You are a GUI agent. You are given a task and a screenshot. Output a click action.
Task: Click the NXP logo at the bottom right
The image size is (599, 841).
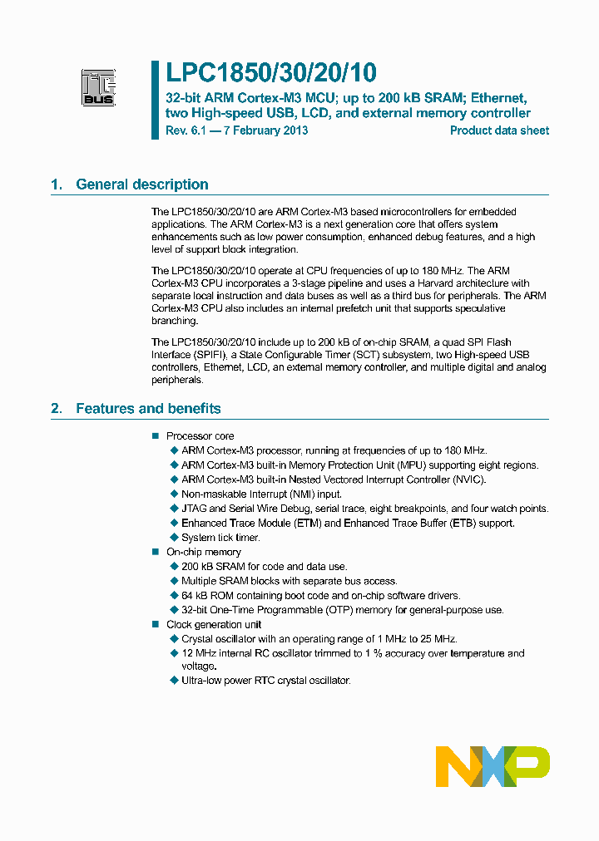(493, 766)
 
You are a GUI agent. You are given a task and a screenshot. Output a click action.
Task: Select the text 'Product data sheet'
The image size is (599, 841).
(499, 130)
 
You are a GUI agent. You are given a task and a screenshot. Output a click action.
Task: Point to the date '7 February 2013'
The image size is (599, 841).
(262, 130)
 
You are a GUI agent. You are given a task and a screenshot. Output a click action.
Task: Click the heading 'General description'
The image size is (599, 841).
(142, 184)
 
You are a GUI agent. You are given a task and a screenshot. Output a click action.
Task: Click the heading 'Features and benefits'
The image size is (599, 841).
(148, 409)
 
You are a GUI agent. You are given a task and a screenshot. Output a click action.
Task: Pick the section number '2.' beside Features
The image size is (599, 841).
(57, 409)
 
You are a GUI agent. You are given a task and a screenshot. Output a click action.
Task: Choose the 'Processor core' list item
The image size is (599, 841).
(200, 436)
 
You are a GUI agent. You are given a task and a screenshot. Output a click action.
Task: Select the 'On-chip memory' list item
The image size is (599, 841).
(204, 552)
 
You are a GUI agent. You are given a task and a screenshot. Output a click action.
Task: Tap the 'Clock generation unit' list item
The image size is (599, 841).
(214, 625)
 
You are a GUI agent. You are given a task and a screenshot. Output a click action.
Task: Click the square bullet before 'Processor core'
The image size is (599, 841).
(154, 436)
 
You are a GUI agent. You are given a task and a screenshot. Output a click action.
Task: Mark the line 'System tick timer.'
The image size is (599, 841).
(220, 538)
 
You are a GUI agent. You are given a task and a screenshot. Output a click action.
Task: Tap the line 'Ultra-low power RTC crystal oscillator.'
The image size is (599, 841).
(266, 681)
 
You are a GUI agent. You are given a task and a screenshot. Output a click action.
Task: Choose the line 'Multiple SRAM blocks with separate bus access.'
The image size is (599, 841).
(289, 581)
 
